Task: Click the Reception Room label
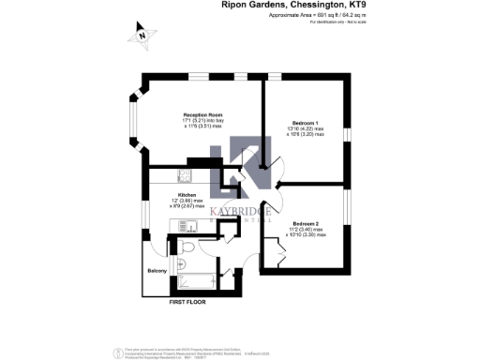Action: pyautogui.click(x=200, y=114)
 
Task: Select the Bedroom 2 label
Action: pyautogui.click(x=306, y=223)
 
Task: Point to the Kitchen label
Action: pyautogui.click(x=187, y=194)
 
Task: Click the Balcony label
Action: pyautogui.click(x=157, y=271)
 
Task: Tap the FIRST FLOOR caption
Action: pyautogui.click(x=187, y=303)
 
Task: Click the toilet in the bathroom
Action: pyautogui.click(x=187, y=247)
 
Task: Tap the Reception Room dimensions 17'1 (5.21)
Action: pyautogui.click(x=200, y=120)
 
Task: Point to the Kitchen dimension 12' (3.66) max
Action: pyautogui.click(x=187, y=200)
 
